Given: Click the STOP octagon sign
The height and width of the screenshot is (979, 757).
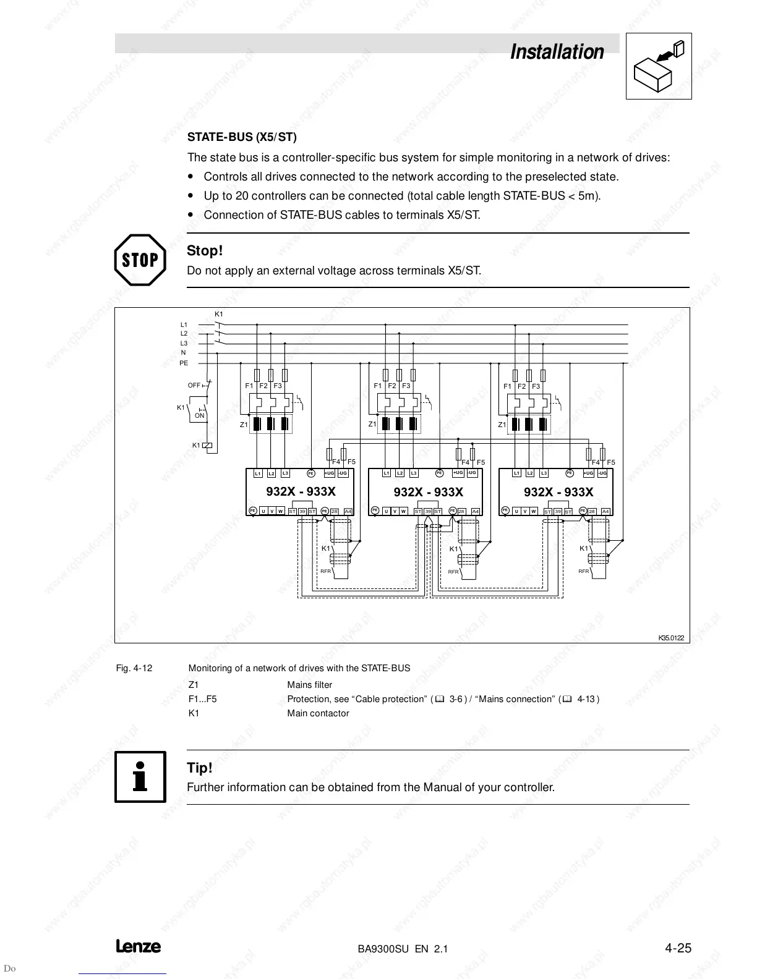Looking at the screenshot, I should tap(140, 260).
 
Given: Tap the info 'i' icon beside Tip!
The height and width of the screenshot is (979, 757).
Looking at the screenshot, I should tap(140, 777).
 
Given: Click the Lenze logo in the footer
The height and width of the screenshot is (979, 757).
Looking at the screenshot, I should tap(138, 946).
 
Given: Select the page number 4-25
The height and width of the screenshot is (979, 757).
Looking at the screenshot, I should tap(678, 948).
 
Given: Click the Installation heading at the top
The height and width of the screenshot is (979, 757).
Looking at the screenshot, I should tap(557, 52).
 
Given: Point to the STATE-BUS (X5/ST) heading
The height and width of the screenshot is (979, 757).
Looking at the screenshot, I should tap(242, 137).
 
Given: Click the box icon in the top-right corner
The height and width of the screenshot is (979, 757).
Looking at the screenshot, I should tap(659, 66).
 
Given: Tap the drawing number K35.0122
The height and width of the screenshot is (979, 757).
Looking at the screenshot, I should tap(670, 637).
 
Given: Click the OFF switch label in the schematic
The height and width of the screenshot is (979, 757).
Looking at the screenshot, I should tap(194, 385).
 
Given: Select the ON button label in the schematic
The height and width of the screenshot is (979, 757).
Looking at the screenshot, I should tap(199, 416).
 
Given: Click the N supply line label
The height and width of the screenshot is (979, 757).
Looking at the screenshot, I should tap(183, 353).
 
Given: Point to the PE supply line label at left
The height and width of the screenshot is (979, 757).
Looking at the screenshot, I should tap(184, 363).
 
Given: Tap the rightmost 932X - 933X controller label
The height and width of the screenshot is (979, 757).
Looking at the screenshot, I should tap(558, 492).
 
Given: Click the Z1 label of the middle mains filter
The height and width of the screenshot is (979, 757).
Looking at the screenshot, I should tap(372, 424).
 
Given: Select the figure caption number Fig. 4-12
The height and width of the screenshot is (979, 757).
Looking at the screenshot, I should tap(134, 668).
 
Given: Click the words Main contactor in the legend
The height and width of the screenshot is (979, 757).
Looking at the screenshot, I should tap(318, 713).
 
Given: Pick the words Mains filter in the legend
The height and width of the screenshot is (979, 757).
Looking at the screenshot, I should tap(309, 685).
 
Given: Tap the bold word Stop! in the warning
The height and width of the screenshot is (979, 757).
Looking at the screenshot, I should tap(204, 251).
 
